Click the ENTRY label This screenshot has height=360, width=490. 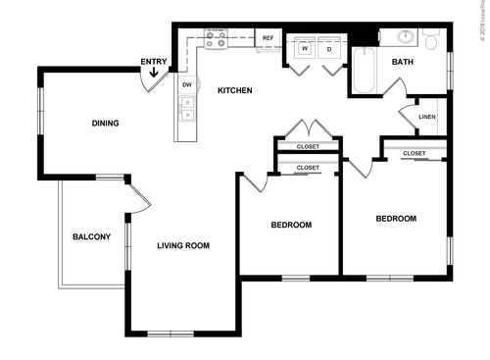click(153, 63)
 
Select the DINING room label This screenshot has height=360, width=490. click(105, 124)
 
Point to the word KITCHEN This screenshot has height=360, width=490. click(235, 91)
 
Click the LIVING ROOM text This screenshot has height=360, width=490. click(184, 245)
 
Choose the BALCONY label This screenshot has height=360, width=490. click(91, 237)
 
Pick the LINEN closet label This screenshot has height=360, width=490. click(426, 118)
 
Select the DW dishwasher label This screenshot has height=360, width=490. click(186, 85)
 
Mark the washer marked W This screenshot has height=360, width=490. click(305, 47)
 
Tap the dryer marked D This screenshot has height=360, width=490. click(329, 47)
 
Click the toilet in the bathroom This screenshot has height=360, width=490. click(431, 41)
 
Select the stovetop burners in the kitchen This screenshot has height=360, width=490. click(218, 39)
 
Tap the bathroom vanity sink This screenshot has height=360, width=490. click(403, 38)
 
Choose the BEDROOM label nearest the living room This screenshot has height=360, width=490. click(291, 226)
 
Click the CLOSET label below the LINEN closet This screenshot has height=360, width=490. click(414, 153)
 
